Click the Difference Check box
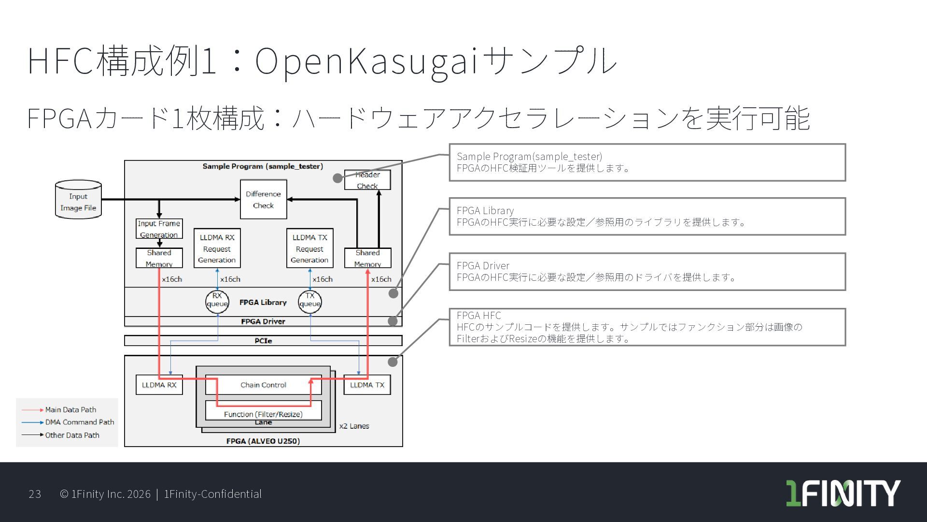click(x=263, y=199)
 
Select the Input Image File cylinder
click(x=78, y=200)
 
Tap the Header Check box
click(x=367, y=180)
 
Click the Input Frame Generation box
click(x=159, y=229)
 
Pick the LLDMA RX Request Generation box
click(x=217, y=248)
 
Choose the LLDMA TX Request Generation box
click(x=309, y=248)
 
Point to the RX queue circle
click(x=217, y=301)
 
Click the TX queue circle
click(x=309, y=301)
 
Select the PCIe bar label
click(x=263, y=341)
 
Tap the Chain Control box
click(x=263, y=385)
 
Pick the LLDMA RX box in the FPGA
click(x=159, y=385)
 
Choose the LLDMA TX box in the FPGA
click(x=367, y=385)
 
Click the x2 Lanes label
click(x=354, y=426)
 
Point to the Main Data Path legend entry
click(x=70, y=410)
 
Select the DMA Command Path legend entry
click(x=79, y=422)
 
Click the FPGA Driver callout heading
click(x=483, y=265)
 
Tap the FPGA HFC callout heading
click(x=478, y=315)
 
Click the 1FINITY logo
click(x=843, y=493)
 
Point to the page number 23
click(x=35, y=494)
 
